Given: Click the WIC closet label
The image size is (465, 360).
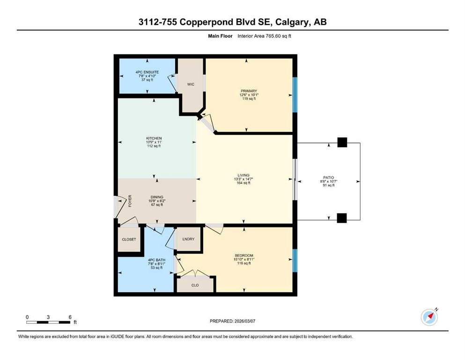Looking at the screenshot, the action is (x=191, y=84).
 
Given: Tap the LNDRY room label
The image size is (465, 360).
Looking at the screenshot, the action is (x=188, y=239).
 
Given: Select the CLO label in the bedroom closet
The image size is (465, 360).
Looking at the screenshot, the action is (x=195, y=285).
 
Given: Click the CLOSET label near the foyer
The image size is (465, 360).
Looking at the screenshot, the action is (x=129, y=239).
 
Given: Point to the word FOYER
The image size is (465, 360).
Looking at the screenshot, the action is (x=130, y=201).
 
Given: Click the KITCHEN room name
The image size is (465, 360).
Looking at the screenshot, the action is (x=154, y=138).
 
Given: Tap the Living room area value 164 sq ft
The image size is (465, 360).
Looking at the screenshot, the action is (x=244, y=183).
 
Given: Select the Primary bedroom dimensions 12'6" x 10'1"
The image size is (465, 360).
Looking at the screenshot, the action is (x=249, y=95).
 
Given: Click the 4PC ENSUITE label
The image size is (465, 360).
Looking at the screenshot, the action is (x=147, y=72).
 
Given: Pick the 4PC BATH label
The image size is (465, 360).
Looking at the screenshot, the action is (x=156, y=260).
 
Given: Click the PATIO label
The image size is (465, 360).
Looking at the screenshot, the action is (x=329, y=178).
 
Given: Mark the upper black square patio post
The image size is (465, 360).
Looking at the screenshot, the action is (x=342, y=142).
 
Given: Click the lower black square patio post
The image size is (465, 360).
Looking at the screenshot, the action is (x=342, y=218).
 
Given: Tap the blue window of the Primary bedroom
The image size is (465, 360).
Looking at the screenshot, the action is (x=295, y=95).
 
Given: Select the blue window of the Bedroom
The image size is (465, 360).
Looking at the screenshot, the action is (x=295, y=261).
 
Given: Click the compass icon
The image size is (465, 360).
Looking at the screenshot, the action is (x=429, y=317).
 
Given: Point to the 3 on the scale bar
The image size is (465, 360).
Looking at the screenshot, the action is (x=48, y=317).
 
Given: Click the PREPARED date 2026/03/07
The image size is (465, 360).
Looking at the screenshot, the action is (x=245, y=321).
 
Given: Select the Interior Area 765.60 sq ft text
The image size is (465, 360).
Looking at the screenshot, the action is (x=264, y=36).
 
